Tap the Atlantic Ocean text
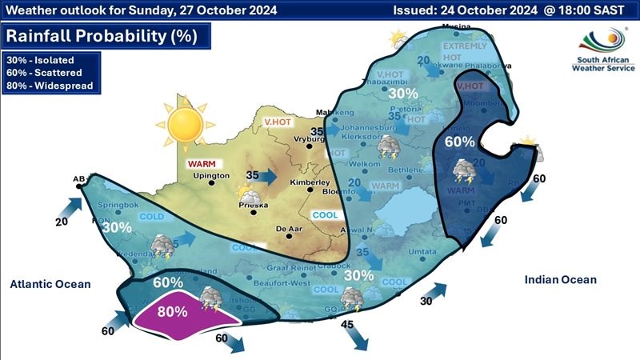[50, 284]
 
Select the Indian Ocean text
[560, 279]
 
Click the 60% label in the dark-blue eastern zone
[460, 142]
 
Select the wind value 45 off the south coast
[347, 324]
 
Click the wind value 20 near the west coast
[61, 222]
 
